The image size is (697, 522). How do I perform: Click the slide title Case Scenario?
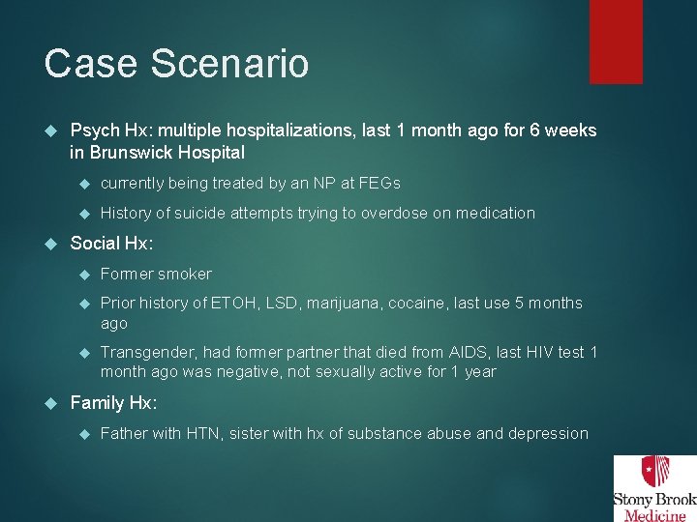tap(176, 64)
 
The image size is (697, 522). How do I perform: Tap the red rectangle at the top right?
tap(616, 41)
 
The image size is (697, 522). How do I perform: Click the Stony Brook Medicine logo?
tap(654, 488)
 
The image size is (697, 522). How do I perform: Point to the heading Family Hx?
tap(113, 403)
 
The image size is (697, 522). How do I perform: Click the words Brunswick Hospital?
tap(167, 153)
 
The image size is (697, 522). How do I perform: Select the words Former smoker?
tap(156, 274)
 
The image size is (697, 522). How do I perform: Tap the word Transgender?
tap(147, 353)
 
